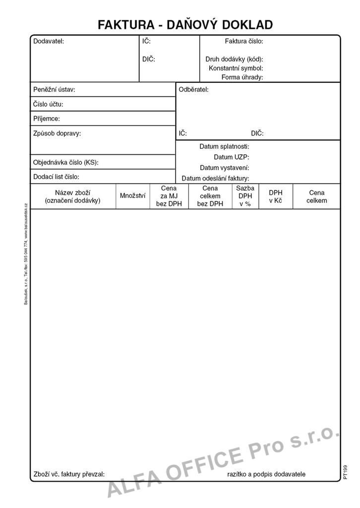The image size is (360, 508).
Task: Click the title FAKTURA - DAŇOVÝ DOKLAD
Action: pos(185,24)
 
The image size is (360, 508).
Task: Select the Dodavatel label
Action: pos(49,42)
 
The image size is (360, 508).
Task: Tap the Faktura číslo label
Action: pos(244,42)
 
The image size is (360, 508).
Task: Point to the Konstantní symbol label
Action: pos(236,68)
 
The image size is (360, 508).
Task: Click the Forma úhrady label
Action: pos(242,77)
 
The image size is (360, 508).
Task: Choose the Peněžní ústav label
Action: pos(54,90)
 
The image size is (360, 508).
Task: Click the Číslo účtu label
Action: pos(48,105)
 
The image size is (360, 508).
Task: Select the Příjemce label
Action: pos(47,119)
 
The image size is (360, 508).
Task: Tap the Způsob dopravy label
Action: pos(57,133)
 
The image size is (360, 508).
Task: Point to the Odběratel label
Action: pos(194,90)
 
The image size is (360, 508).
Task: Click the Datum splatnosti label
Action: pos(224,147)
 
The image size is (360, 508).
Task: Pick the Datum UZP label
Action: pos(232,157)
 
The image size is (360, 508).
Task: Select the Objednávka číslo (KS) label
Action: pos(66,162)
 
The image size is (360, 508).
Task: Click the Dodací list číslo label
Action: pos(56,177)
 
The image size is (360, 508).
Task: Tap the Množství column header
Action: pos(133,196)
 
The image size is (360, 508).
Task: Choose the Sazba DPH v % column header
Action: pos(245,196)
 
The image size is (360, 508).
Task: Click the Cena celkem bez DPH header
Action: pos(210,196)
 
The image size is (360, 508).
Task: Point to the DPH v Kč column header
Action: pos(276,196)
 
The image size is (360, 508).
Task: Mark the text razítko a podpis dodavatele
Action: pos(266,474)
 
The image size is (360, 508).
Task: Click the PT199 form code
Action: pos(345,472)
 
